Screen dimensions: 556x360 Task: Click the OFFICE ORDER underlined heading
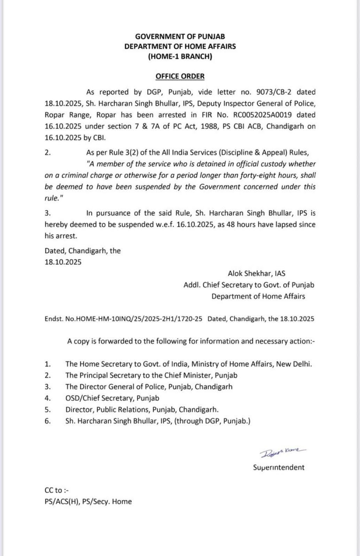coord(180,76)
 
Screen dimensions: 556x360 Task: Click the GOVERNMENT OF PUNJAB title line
coord(180,36)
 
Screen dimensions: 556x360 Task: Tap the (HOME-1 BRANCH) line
coord(180,56)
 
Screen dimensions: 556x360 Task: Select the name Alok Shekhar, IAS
coord(256,274)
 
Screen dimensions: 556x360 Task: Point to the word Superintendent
coord(279,467)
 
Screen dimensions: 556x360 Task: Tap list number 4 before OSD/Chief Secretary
coord(48,398)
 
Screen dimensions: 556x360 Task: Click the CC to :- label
coord(57,490)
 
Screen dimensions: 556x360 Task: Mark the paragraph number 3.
coord(48,213)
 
